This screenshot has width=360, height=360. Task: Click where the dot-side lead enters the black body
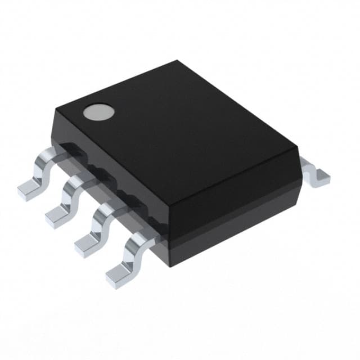[x=62, y=147]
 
